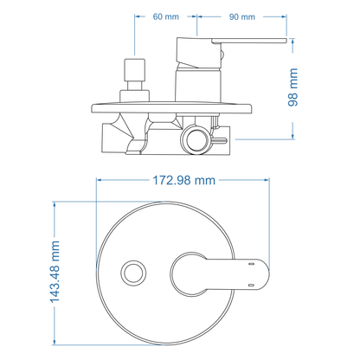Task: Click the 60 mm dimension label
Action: [x=165, y=17]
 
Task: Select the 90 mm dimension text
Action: [x=242, y=17]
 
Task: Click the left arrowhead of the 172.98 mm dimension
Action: [x=98, y=180]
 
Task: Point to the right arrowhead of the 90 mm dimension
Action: [x=286, y=17]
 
